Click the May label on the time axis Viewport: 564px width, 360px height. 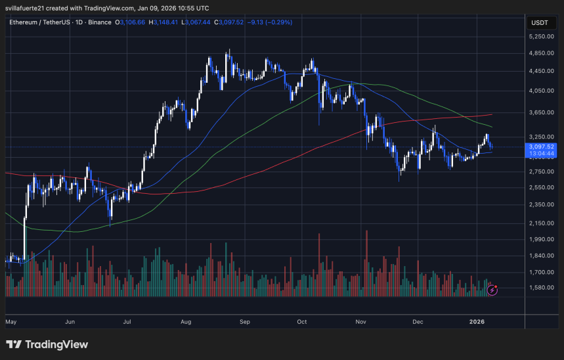coord(11,323)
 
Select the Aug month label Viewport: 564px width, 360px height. coord(186,323)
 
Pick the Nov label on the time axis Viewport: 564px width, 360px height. coord(360,323)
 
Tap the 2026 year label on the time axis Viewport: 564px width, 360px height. coord(477,323)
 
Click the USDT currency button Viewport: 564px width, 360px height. coord(540,22)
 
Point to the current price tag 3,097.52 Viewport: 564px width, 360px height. coord(543,146)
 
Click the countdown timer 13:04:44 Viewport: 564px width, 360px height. coord(543,153)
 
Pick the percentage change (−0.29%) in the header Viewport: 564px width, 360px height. coord(280,22)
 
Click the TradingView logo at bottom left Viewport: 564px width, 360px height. coord(47,344)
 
